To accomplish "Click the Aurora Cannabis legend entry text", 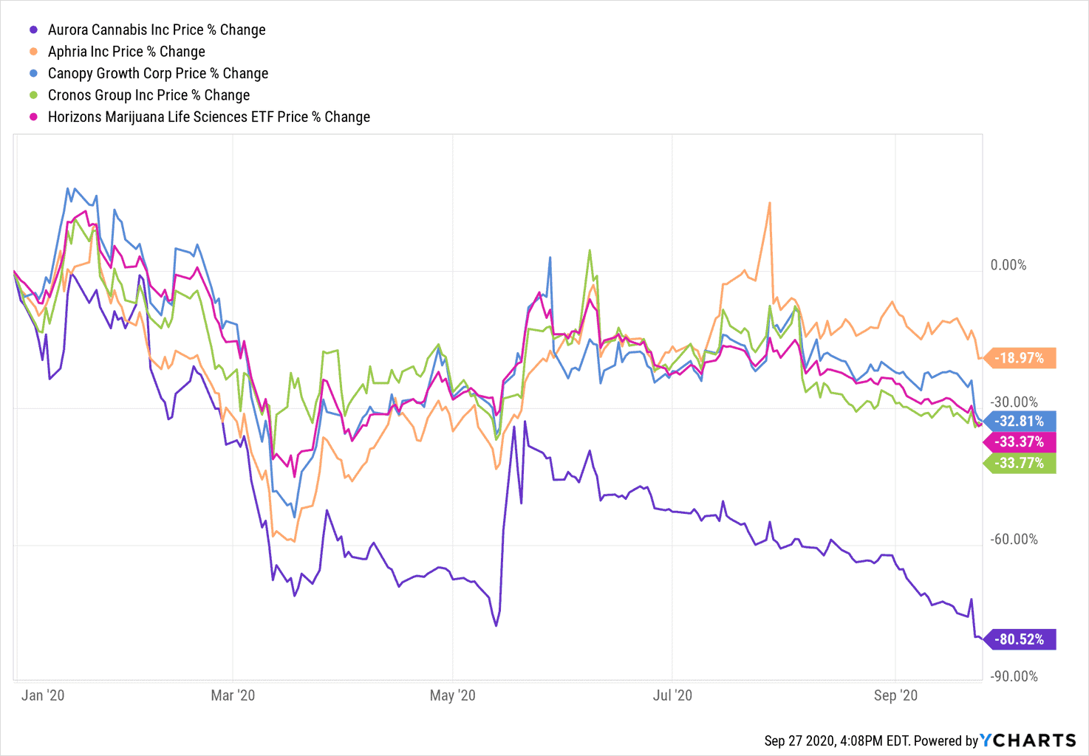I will coord(157,30).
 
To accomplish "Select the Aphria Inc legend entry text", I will coord(126,52).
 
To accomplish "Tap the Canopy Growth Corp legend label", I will coord(158,73).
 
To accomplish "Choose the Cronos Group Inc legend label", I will coord(148,95).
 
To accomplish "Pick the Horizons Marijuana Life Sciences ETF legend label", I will coord(209,117).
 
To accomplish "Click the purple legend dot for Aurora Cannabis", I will coord(33,30).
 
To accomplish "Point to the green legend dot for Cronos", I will coord(33,95).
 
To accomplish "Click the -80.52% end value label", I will coord(1020,639).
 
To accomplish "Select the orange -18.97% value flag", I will coord(1020,358).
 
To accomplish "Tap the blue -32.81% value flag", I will coord(1020,421).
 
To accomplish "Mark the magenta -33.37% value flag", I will coord(1020,441).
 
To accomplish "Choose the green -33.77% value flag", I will coord(1020,463).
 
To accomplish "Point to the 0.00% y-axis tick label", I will coord(1008,265).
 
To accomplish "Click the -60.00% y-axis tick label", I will coord(1014,539).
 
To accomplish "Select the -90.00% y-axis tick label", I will coord(1014,676).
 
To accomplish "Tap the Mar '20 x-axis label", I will coord(233,695).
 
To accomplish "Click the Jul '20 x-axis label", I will coord(672,695).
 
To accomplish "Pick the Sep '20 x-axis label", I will coord(895,695).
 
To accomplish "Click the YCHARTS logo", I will coord(1028,740).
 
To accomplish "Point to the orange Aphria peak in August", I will coord(769,203).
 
